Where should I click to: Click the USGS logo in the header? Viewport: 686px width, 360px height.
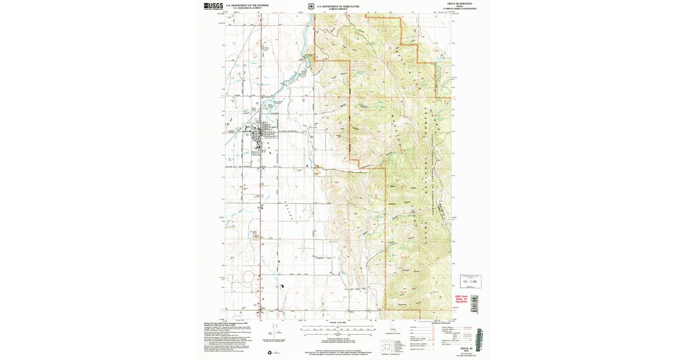point(214,6)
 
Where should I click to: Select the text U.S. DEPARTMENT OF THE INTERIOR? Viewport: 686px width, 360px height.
point(247,5)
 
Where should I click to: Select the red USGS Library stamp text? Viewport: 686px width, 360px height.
point(461,299)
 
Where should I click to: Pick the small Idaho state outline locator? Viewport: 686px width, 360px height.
point(393,329)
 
